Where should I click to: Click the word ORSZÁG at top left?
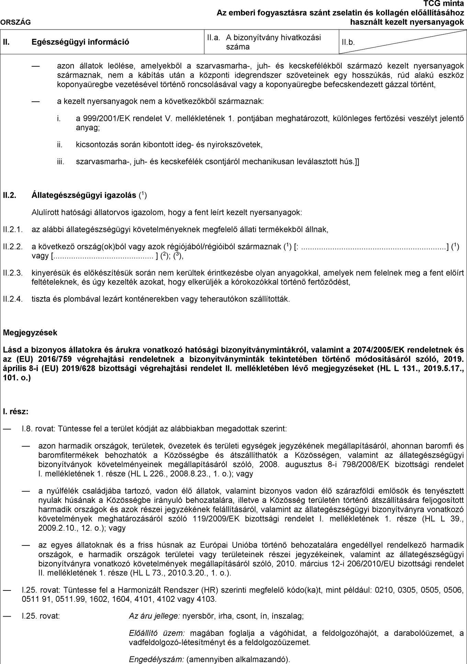(15, 23)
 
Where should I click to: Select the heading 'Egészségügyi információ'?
(80, 42)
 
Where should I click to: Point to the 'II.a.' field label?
(213, 38)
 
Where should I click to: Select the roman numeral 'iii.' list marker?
(61, 161)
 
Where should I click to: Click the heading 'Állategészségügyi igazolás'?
(84, 196)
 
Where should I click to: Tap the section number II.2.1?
(13, 229)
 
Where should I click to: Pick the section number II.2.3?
(13, 273)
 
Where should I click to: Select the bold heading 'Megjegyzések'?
(30, 333)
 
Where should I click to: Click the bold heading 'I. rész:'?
(15, 411)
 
